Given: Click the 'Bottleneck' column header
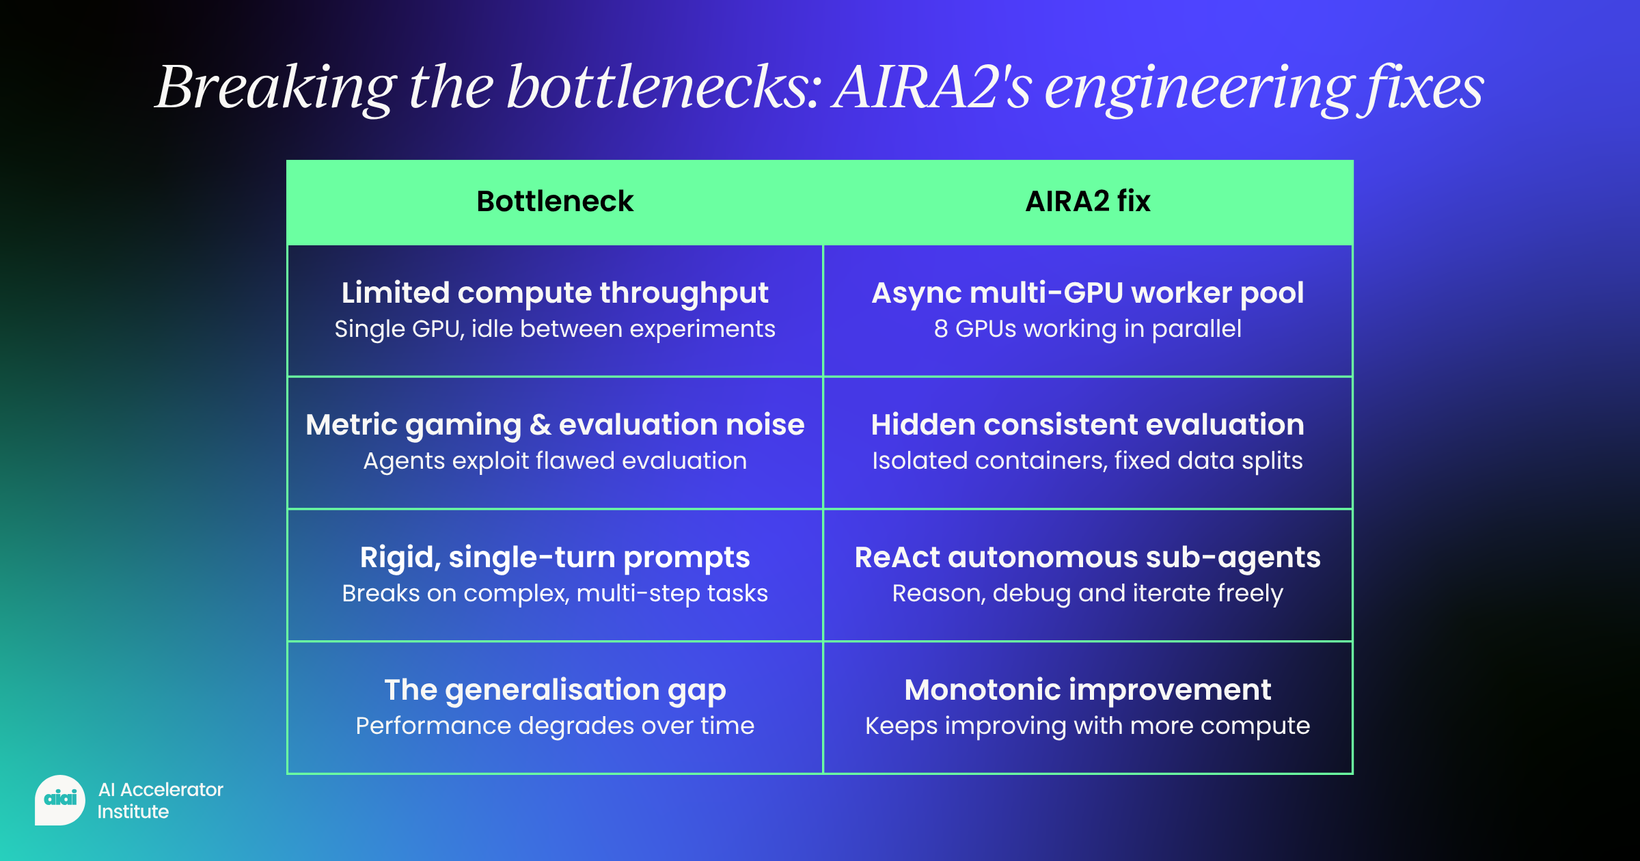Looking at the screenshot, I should point(555,202).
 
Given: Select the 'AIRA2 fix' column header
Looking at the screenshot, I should point(1088,202).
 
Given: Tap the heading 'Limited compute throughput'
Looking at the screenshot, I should point(555,293).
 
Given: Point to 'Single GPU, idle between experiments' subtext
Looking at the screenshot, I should point(555,329).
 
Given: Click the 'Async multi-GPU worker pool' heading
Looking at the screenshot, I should point(1088,293).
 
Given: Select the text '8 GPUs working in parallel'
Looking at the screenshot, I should point(1088,329).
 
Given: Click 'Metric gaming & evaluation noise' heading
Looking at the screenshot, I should point(555,425).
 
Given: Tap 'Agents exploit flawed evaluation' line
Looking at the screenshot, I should point(555,461).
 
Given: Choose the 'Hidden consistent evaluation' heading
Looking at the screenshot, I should point(1088,425).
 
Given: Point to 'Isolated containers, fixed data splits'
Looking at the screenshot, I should point(1088,461).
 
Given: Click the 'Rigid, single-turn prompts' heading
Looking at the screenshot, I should point(555,558).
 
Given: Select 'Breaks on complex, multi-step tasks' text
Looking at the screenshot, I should point(555,594).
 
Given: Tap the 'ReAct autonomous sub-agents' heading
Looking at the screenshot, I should point(1088,558).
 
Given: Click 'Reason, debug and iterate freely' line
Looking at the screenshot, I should point(1088,594).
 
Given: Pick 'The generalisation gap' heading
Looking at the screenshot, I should point(555,690).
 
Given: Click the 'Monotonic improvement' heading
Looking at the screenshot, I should point(1088,690).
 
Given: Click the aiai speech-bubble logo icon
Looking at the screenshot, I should point(60,799).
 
